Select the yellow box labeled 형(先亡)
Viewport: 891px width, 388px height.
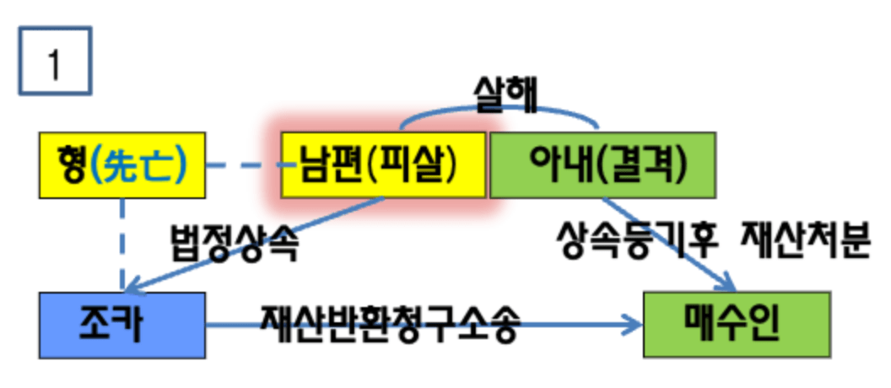[122, 164]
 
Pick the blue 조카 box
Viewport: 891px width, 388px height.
[122, 325]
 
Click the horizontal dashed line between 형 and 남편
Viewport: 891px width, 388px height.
[245, 165]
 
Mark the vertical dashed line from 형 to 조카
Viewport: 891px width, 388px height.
[123, 245]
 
